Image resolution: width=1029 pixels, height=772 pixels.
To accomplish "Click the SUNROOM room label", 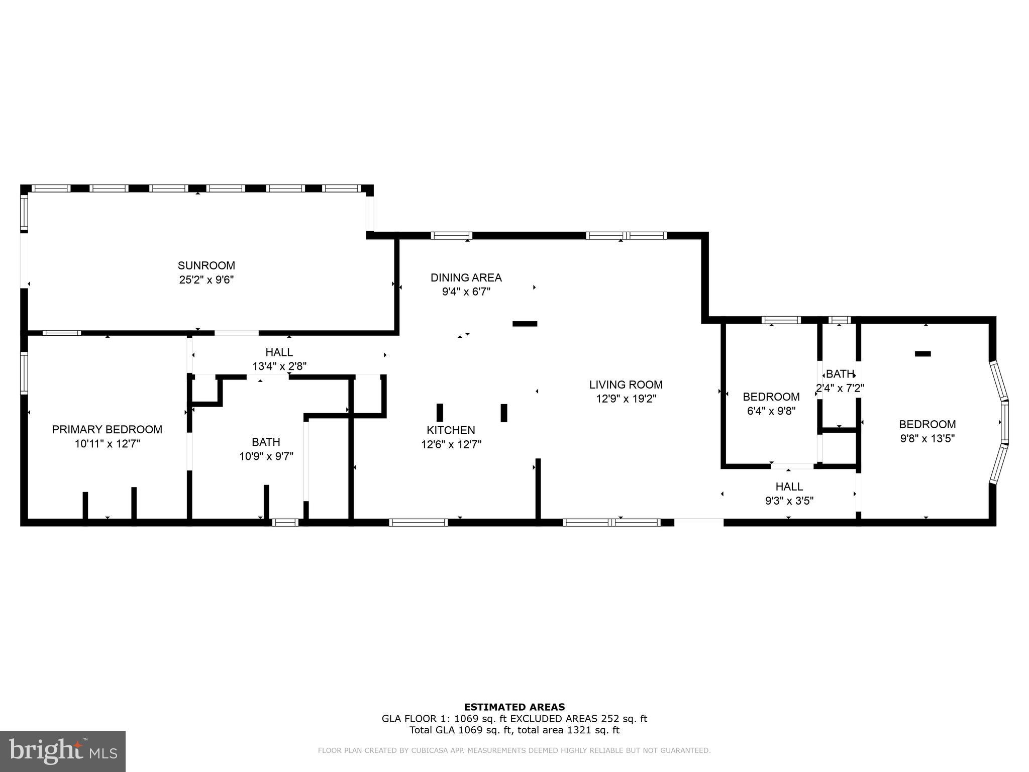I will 206,265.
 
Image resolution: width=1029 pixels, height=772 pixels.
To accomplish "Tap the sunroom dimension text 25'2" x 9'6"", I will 206,279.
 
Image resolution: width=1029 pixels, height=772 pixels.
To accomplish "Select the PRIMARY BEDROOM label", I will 107,429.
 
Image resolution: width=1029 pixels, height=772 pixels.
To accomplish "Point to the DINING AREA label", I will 466,277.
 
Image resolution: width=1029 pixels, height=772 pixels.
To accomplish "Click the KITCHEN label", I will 451,430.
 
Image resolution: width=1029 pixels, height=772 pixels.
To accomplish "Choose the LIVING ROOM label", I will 626,384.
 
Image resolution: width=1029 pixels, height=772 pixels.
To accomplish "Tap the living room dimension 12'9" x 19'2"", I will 626,399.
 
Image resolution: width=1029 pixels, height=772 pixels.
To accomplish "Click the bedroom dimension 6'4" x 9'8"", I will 771,411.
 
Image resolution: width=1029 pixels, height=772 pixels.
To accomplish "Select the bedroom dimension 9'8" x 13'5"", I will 927,438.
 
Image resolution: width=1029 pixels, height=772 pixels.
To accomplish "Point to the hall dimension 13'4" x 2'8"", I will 279,366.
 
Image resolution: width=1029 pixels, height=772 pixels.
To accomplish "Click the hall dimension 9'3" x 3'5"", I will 789,501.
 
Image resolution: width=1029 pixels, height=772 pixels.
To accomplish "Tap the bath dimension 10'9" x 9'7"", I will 266,456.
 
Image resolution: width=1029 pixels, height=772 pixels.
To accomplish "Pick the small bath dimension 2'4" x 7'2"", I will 839,388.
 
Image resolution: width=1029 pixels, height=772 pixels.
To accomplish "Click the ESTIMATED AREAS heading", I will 514,707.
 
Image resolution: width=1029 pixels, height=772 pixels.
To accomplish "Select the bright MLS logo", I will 62,751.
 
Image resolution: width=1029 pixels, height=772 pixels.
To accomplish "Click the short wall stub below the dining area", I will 525,324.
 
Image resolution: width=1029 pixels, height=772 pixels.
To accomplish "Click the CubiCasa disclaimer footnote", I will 514,750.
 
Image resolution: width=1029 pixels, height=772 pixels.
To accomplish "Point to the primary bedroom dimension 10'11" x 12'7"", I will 107,444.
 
